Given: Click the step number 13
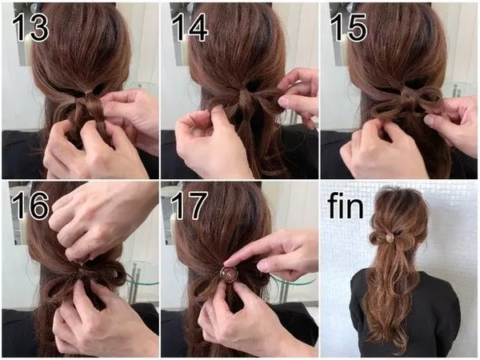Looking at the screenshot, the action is tap(30, 27).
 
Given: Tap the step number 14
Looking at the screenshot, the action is tap(190, 27).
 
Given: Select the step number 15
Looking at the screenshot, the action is tap(348, 27).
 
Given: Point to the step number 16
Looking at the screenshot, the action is tap(30, 205).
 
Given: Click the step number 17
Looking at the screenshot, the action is tap(189, 205).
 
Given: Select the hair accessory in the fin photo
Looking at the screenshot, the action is tap(390, 237).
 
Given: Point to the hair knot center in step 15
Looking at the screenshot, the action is tap(408, 98).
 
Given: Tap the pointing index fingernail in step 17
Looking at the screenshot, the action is tap(228, 262).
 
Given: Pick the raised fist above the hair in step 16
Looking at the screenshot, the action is tap(101, 221).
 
